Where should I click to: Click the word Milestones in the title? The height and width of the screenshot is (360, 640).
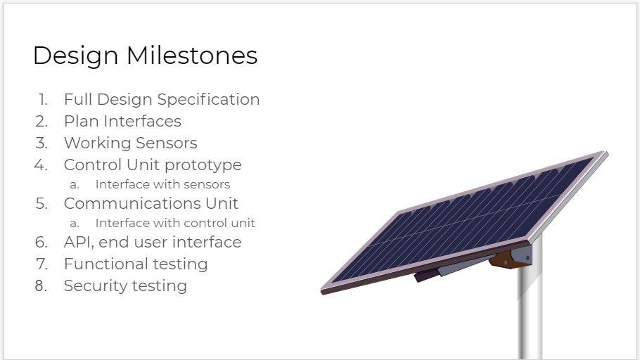pyautogui.click(x=192, y=55)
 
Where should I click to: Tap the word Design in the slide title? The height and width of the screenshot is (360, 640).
pyautogui.click(x=75, y=56)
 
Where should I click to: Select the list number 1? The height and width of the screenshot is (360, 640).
pyautogui.click(x=43, y=99)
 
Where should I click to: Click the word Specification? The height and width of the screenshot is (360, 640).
pyautogui.click(x=208, y=100)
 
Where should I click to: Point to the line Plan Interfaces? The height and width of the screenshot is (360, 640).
pyautogui.click(x=122, y=121)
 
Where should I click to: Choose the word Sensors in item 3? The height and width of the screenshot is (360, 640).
pyautogui.click(x=167, y=143)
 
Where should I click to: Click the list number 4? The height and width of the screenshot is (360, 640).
pyautogui.click(x=41, y=165)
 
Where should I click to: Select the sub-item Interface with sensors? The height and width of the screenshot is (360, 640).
pyautogui.click(x=162, y=184)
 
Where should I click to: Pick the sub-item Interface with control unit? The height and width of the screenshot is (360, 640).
pyautogui.click(x=175, y=224)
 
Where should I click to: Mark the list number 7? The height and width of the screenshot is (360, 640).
pyautogui.click(x=41, y=264)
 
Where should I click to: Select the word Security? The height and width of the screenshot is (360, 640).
pyautogui.click(x=95, y=286)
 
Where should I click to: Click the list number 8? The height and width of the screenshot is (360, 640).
pyautogui.click(x=41, y=285)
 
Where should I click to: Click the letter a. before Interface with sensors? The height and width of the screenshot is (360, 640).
pyautogui.click(x=75, y=185)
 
